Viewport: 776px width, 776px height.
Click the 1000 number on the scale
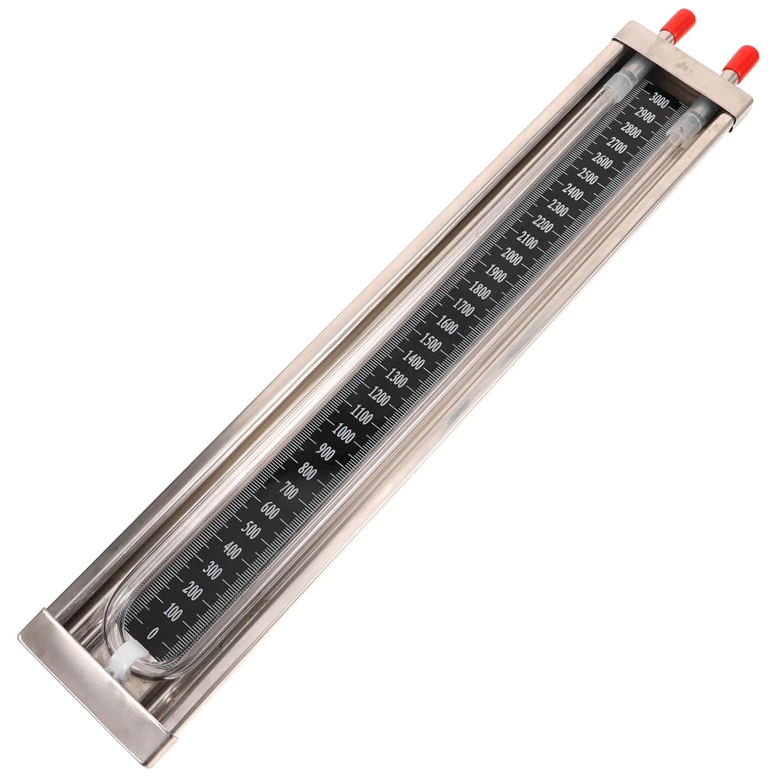point(344,431)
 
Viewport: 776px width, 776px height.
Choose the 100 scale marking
point(172,613)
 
